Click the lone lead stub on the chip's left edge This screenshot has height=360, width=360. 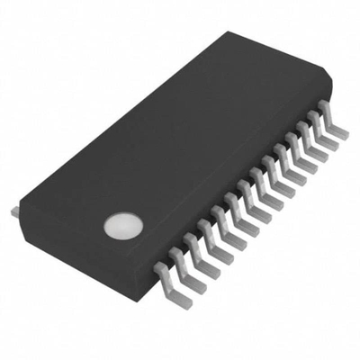point(14,211)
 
